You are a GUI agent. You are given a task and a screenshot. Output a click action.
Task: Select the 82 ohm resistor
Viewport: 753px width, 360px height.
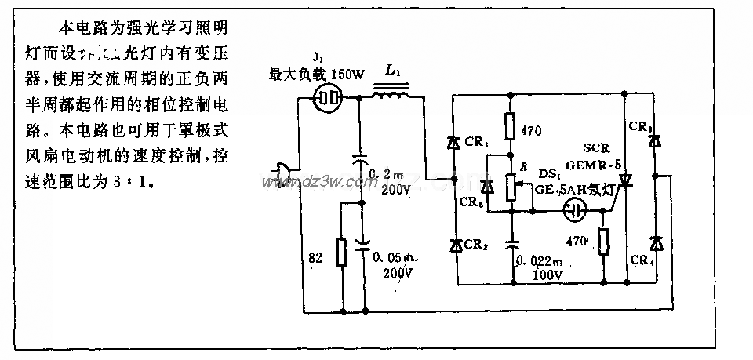click(340, 252)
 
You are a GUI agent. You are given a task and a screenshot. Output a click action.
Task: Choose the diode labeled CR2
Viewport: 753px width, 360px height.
click(455, 245)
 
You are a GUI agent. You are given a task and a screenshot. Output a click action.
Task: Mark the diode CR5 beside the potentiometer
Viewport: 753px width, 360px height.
click(487, 187)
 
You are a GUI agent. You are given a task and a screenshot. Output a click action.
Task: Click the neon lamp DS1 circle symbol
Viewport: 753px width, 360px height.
click(577, 211)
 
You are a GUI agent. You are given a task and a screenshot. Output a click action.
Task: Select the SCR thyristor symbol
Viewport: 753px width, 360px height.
click(625, 181)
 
